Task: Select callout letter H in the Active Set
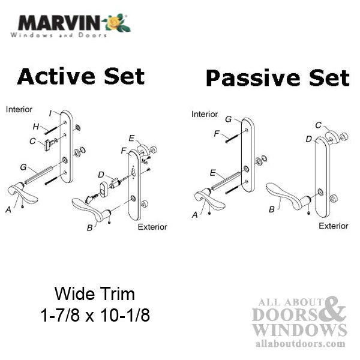click(36, 126)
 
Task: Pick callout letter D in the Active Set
click(101, 174)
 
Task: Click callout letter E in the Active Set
click(131, 137)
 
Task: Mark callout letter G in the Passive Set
click(229, 119)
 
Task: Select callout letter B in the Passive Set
click(272, 209)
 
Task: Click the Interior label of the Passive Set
click(205, 114)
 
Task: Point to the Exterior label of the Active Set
click(152, 227)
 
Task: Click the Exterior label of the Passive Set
click(333, 226)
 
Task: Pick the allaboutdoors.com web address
click(299, 344)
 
